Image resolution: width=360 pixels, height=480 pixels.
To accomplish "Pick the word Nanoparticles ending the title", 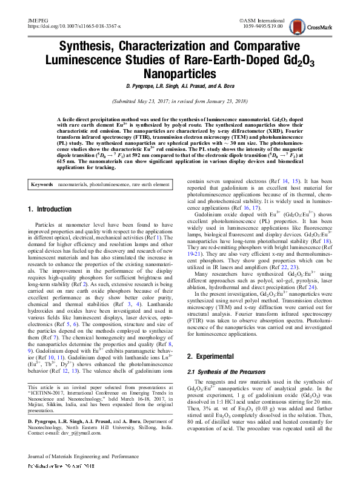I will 179,74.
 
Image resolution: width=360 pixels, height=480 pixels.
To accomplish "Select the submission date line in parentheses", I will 179,101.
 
